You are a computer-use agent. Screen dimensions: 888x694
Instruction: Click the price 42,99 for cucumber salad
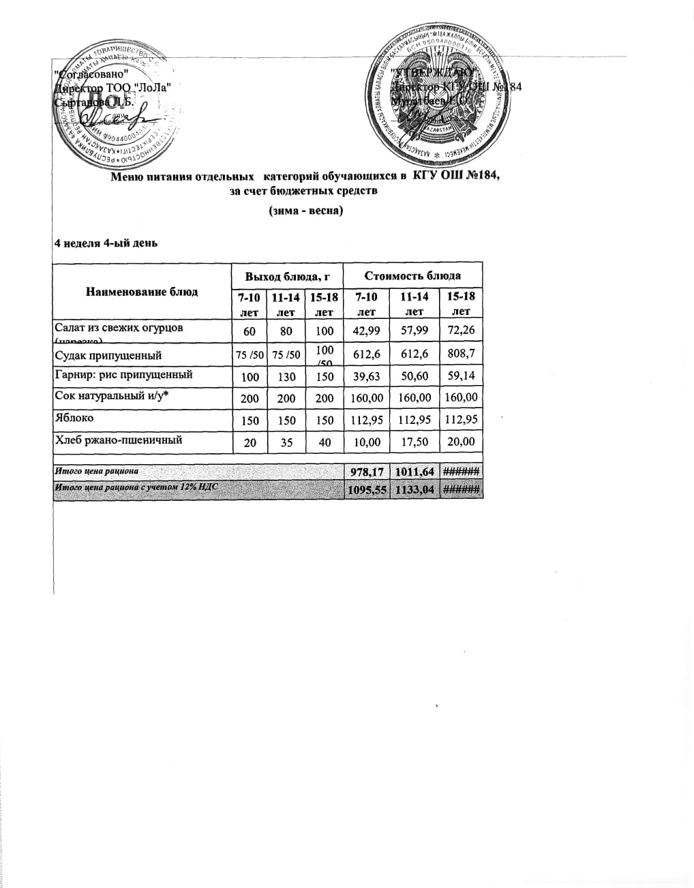[367, 331]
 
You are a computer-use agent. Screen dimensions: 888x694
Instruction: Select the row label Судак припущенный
[108, 355]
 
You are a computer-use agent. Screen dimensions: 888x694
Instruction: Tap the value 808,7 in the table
[462, 354]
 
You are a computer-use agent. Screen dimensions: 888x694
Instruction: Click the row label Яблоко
[74, 418]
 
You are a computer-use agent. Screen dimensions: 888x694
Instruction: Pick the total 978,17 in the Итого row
[367, 472]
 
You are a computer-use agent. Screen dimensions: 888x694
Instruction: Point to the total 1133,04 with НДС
[414, 490]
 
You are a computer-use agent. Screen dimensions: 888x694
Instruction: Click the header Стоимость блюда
[412, 275]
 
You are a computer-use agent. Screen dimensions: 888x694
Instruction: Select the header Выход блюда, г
[287, 276]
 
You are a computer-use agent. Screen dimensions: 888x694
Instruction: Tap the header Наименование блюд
[142, 292]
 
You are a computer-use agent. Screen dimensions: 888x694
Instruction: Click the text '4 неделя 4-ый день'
[106, 243]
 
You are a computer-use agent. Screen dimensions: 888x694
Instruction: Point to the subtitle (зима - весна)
[306, 211]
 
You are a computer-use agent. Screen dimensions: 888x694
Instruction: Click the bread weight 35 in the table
[286, 442]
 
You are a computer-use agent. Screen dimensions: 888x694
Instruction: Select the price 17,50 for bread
[414, 442]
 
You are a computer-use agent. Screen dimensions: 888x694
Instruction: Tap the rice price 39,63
[367, 376]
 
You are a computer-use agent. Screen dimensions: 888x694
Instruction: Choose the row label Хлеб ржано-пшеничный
[118, 440]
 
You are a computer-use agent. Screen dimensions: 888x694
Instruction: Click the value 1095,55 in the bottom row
[367, 490]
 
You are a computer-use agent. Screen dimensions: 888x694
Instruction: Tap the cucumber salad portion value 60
[250, 331]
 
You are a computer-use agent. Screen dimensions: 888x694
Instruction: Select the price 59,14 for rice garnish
[462, 376]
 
